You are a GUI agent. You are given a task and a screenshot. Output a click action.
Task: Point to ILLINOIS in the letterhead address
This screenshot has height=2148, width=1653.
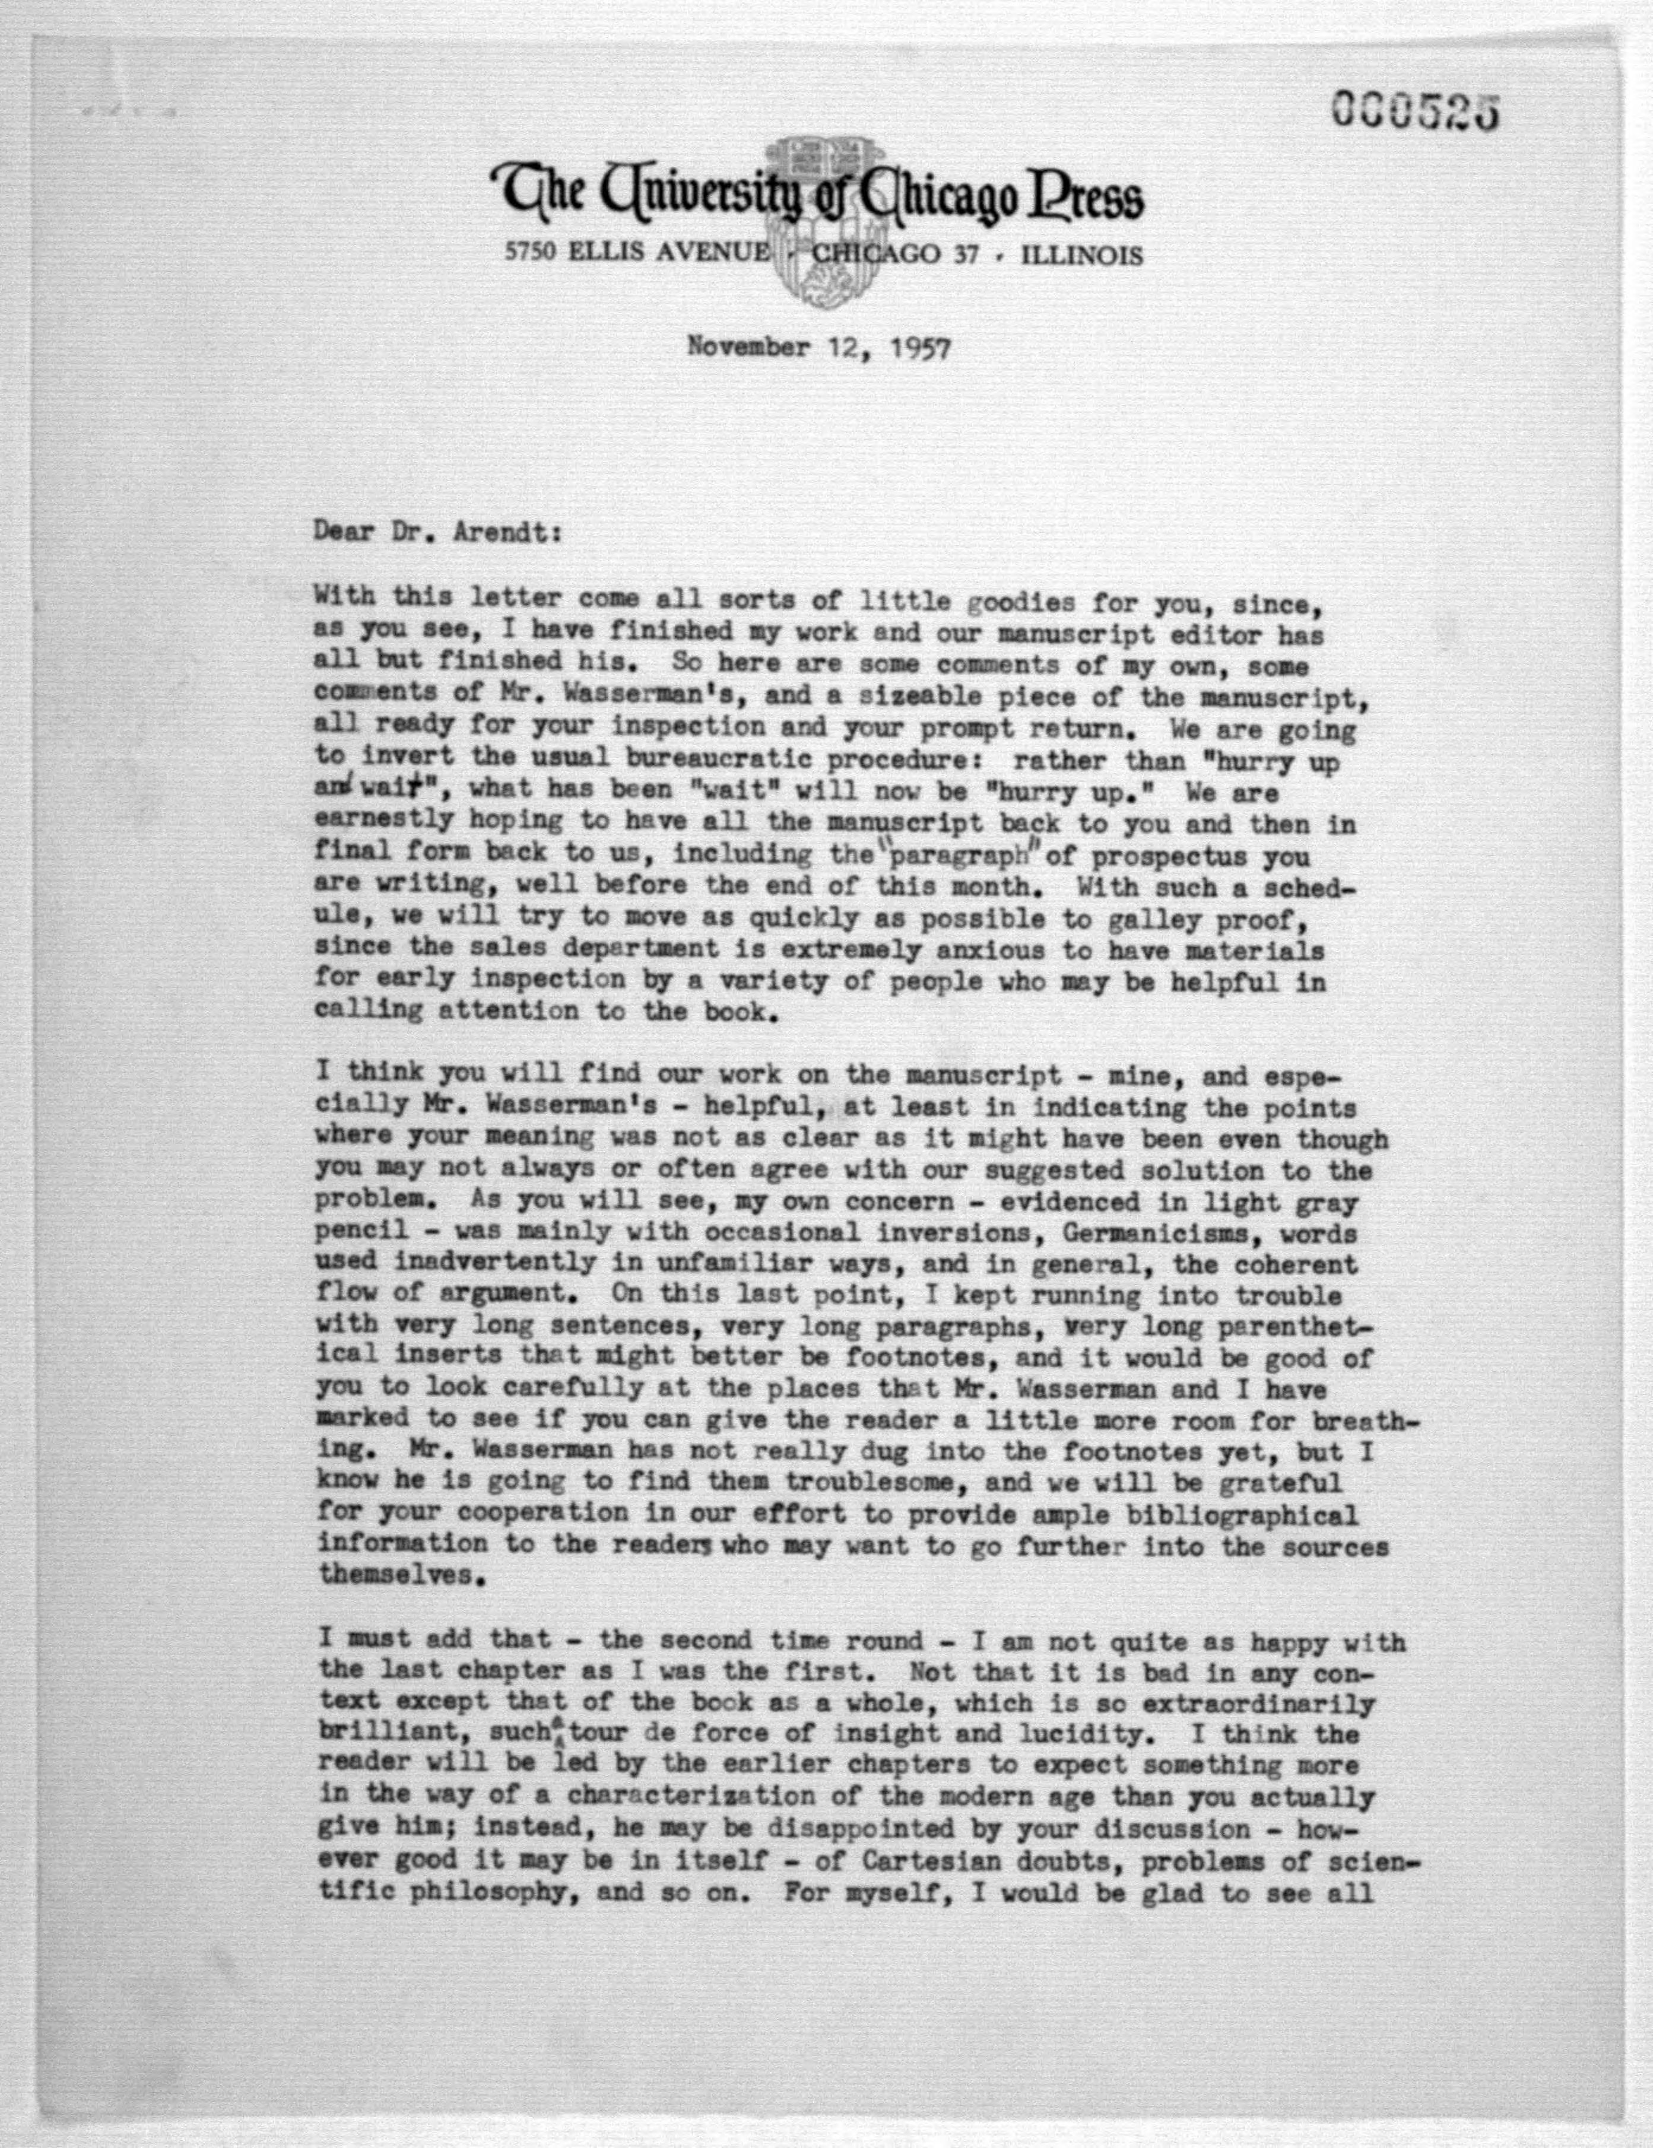pos(1083,256)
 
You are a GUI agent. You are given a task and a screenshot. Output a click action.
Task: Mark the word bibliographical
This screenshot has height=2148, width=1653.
pos(1245,1515)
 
